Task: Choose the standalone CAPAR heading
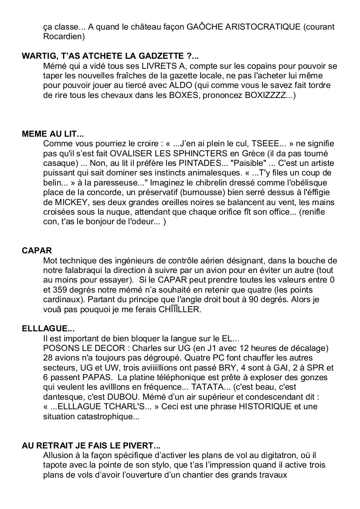37,250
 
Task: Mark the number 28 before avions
48,359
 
